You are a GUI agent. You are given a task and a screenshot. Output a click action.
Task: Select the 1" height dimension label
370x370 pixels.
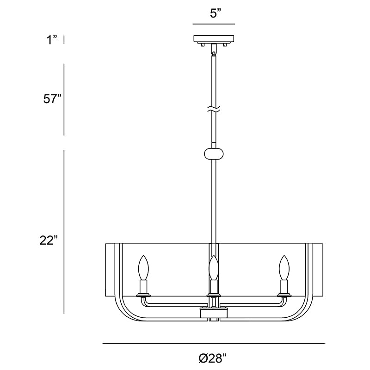pos(52,40)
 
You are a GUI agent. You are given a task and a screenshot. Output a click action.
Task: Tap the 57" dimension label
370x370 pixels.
pos(52,99)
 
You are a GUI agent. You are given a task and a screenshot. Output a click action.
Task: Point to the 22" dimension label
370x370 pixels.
pos(49,240)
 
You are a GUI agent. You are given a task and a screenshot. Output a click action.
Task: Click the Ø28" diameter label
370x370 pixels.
pos(213,358)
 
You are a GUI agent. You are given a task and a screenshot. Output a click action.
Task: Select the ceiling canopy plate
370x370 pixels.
pos(214,39)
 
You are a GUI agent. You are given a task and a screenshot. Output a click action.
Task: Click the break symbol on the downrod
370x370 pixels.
pos(214,109)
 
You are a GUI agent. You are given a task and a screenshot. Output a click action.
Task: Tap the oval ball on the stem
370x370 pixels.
pos(214,154)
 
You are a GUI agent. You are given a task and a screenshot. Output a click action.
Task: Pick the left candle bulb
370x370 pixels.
pos(143,268)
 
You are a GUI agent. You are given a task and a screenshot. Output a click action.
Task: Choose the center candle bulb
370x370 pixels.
pos(214,268)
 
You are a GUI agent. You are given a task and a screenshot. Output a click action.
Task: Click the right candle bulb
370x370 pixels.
pos(284,268)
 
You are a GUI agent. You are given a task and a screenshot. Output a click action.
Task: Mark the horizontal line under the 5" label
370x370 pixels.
pos(214,24)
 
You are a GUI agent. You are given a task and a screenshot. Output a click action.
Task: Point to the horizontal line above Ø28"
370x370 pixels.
pos(214,343)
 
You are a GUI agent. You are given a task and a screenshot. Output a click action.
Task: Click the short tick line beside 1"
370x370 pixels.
pos(64,40)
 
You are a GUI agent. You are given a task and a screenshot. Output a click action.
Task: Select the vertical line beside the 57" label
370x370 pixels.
pos(64,99)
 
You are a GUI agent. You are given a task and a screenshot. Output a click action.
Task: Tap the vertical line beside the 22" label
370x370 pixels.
pos(64,232)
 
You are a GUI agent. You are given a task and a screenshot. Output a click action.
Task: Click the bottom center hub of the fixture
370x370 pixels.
pos(214,313)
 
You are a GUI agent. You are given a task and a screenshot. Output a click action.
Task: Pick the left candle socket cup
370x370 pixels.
pos(143,288)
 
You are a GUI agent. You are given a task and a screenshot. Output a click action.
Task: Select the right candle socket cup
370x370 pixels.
pos(284,288)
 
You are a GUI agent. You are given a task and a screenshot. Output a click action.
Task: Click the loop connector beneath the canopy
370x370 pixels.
pos(214,50)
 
